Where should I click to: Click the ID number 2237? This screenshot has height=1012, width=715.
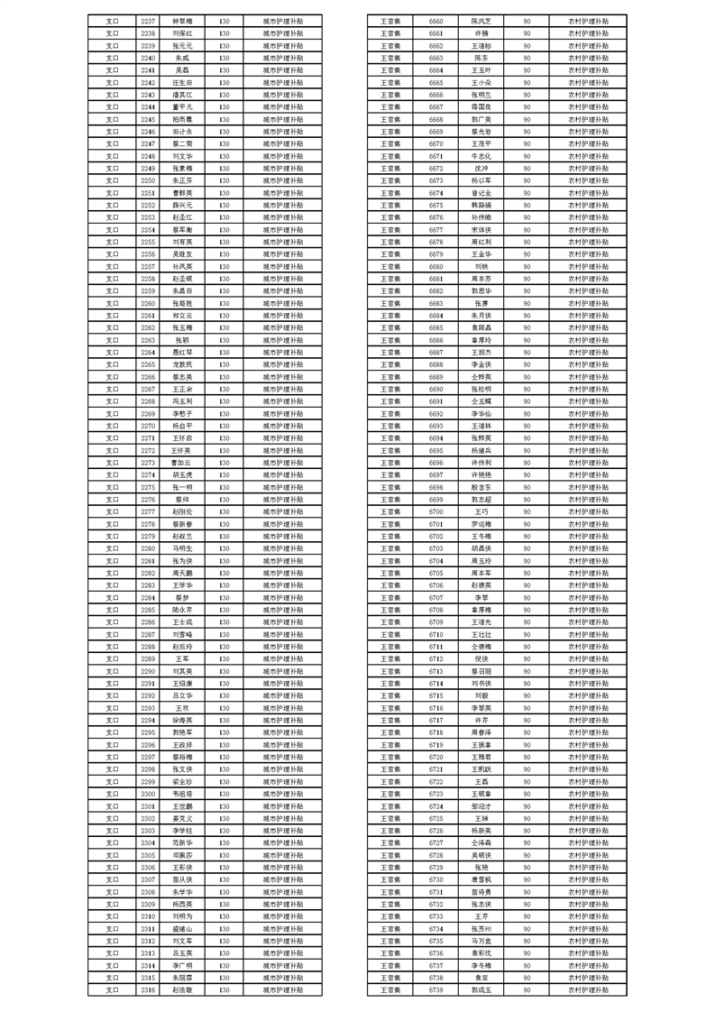pyautogui.click(x=149, y=20)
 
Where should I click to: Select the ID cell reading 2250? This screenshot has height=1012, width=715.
pyautogui.click(x=149, y=180)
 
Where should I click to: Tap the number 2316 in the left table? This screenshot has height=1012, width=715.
pyautogui.click(x=149, y=989)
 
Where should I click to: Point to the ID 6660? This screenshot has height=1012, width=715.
pyautogui.click(x=436, y=20)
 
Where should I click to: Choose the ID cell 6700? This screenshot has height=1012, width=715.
pyautogui.click(x=436, y=511)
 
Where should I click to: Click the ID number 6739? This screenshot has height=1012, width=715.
pyautogui.click(x=436, y=989)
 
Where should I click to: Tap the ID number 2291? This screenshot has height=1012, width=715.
pyautogui.click(x=149, y=683)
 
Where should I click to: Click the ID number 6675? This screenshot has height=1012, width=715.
pyautogui.click(x=436, y=205)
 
